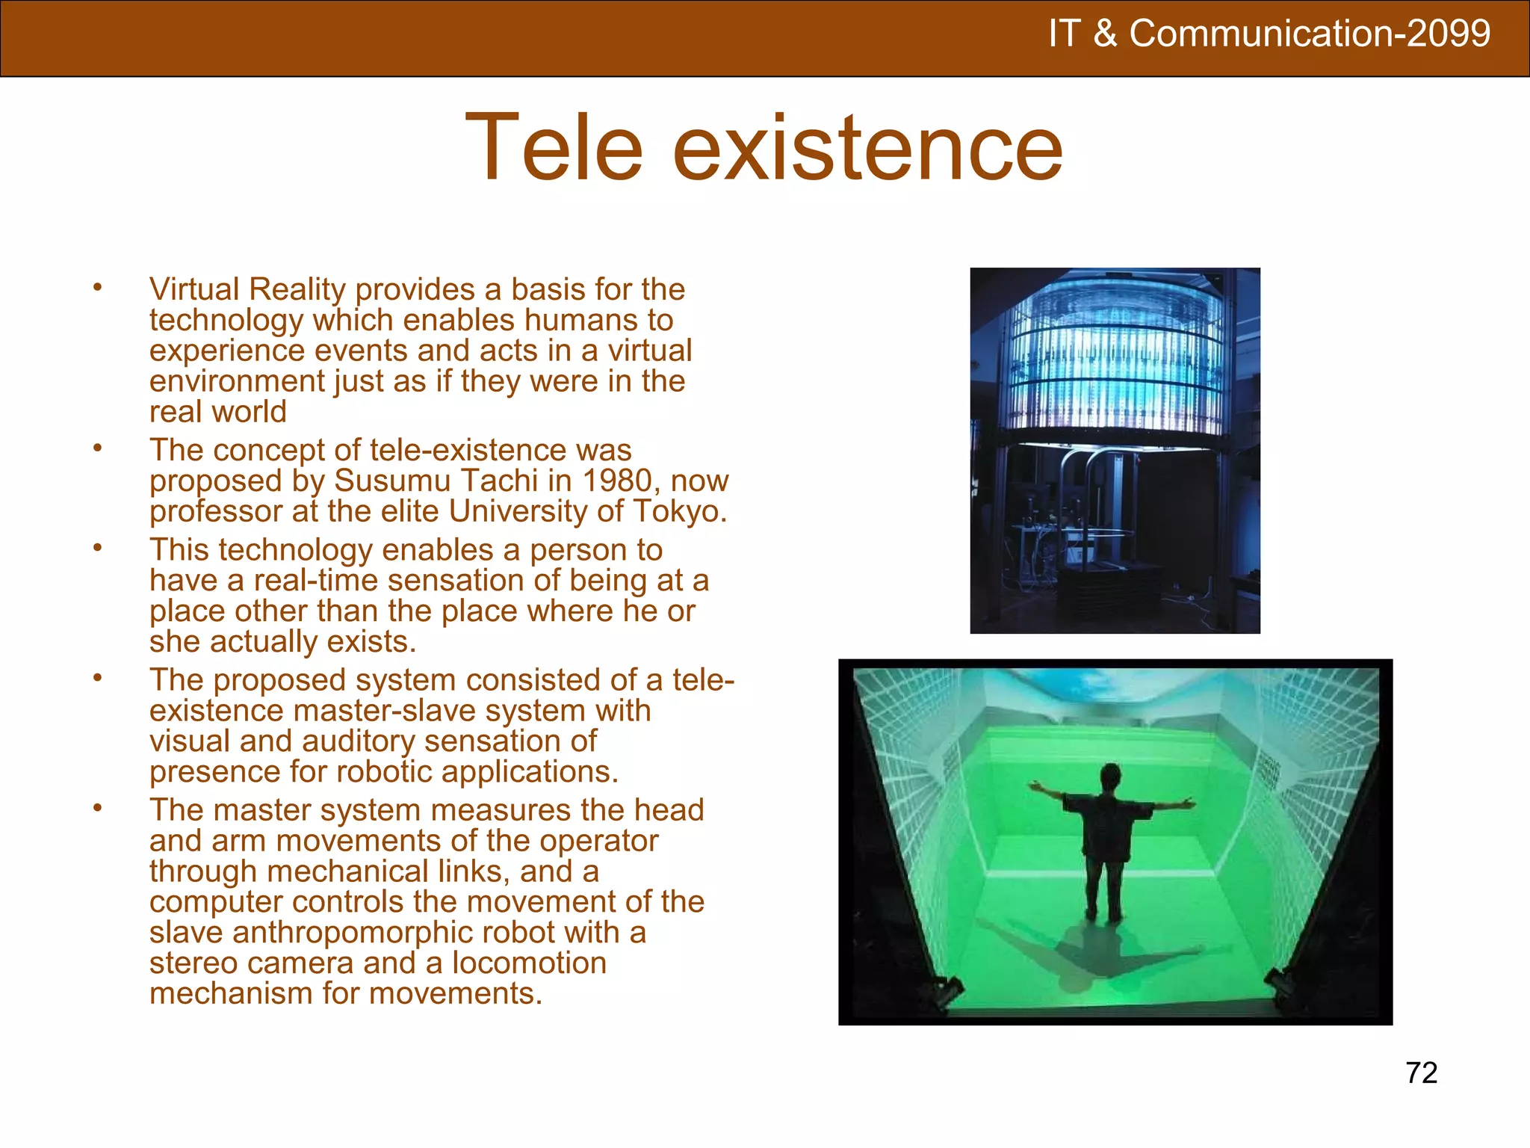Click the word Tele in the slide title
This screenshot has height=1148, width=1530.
[554, 147]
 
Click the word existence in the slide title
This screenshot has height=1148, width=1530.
[867, 147]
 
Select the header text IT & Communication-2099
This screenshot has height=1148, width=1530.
[1269, 34]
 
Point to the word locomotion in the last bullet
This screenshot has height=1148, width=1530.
[529, 963]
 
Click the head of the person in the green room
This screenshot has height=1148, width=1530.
[1110, 774]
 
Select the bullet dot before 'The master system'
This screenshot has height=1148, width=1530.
[97, 807]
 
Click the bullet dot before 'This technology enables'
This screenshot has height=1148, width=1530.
[97, 547]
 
